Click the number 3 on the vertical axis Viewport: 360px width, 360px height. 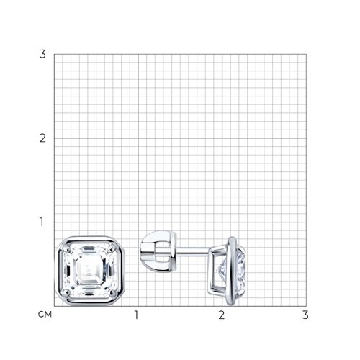pos(42,54)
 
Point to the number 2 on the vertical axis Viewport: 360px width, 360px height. pos(42,138)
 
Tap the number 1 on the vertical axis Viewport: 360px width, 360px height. pos(42,222)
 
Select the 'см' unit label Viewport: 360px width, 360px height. pos(45,315)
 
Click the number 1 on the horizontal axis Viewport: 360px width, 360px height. pos(137,315)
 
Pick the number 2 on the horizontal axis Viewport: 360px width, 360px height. pos(221,315)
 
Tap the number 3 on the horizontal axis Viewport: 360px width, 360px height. pos(305,315)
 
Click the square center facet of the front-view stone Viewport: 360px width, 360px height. pos(89,270)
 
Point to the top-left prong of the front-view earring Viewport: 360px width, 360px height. pos(66,247)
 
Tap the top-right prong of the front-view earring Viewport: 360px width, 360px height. pos(112,247)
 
